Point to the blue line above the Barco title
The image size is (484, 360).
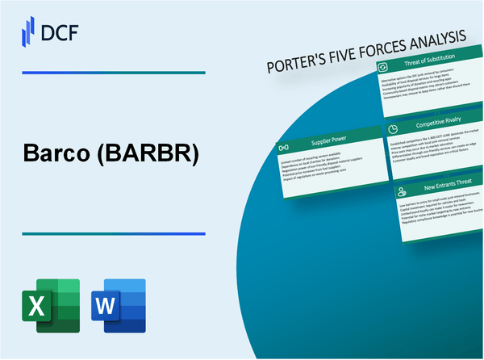pyautogui.click(x=113, y=73)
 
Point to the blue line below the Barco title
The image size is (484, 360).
pyautogui.click(x=113, y=234)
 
